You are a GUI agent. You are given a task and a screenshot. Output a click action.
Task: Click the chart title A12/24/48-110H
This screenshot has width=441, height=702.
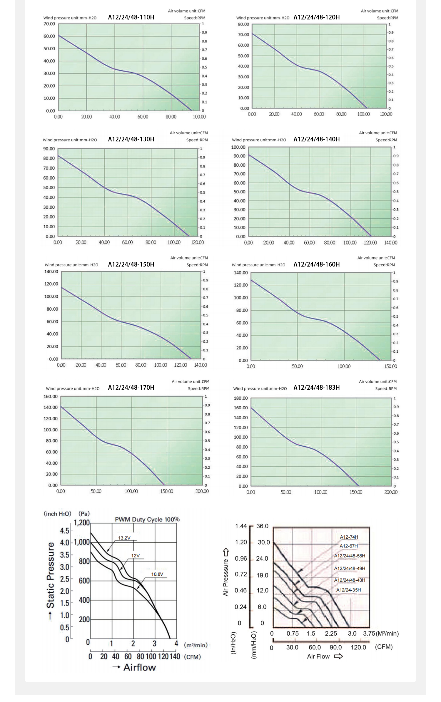[x=131, y=17]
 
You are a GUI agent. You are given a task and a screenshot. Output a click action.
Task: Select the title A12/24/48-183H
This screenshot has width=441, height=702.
[x=316, y=388]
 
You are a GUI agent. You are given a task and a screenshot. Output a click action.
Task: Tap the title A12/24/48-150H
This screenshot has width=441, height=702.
[x=131, y=264]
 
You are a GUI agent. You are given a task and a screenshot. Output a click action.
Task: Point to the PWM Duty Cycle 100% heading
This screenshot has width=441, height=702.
[x=147, y=519]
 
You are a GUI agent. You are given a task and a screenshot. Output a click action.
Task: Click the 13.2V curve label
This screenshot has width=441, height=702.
[x=124, y=538]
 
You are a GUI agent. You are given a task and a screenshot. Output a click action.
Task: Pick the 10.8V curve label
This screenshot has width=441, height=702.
[x=157, y=574]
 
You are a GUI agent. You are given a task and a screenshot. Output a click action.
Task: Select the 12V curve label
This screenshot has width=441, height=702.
[x=135, y=556]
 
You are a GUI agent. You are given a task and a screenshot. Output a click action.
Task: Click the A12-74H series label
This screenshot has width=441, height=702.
[x=349, y=537]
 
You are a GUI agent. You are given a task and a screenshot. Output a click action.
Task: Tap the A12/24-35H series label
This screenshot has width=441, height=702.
[x=348, y=590]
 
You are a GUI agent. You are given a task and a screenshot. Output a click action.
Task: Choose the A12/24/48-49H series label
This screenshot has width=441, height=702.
[x=350, y=569]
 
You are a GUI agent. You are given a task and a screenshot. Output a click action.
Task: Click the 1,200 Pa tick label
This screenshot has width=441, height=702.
[x=82, y=523]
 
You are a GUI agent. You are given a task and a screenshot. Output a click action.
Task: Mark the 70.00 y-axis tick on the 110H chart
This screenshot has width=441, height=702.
[x=49, y=24]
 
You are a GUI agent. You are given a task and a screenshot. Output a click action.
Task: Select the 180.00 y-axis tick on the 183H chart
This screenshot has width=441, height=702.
[x=241, y=398]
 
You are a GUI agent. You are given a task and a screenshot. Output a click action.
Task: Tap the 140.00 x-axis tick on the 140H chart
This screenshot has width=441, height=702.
[x=390, y=243]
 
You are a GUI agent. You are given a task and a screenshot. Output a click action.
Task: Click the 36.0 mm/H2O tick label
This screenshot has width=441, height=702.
[x=262, y=526]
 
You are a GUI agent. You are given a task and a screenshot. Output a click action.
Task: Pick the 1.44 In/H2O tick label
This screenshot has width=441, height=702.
[x=241, y=526]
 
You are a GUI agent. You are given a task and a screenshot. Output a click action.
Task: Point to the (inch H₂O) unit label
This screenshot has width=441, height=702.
[x=57, y=514]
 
